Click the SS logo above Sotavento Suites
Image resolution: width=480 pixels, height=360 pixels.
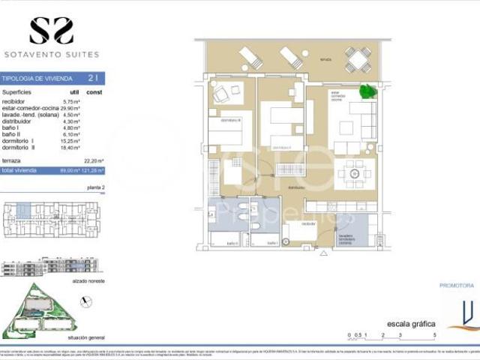coord(52,31)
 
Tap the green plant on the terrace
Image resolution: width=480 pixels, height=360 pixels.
coord(367,91)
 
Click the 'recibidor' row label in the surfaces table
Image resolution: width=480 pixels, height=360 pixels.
coord(15,100)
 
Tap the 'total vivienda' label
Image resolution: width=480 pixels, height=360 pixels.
coord(20,170)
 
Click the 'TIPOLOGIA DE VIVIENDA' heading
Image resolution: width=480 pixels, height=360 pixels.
coord(37,77)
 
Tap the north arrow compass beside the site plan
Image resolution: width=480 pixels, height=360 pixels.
coord(87,301)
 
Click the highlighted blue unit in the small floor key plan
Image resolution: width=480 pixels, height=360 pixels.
coord(24,211)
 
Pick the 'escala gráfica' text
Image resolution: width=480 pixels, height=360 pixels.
coord(410,324)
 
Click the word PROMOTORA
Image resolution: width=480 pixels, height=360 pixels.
coord(456,286)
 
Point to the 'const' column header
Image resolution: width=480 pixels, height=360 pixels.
coord(94,92)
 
